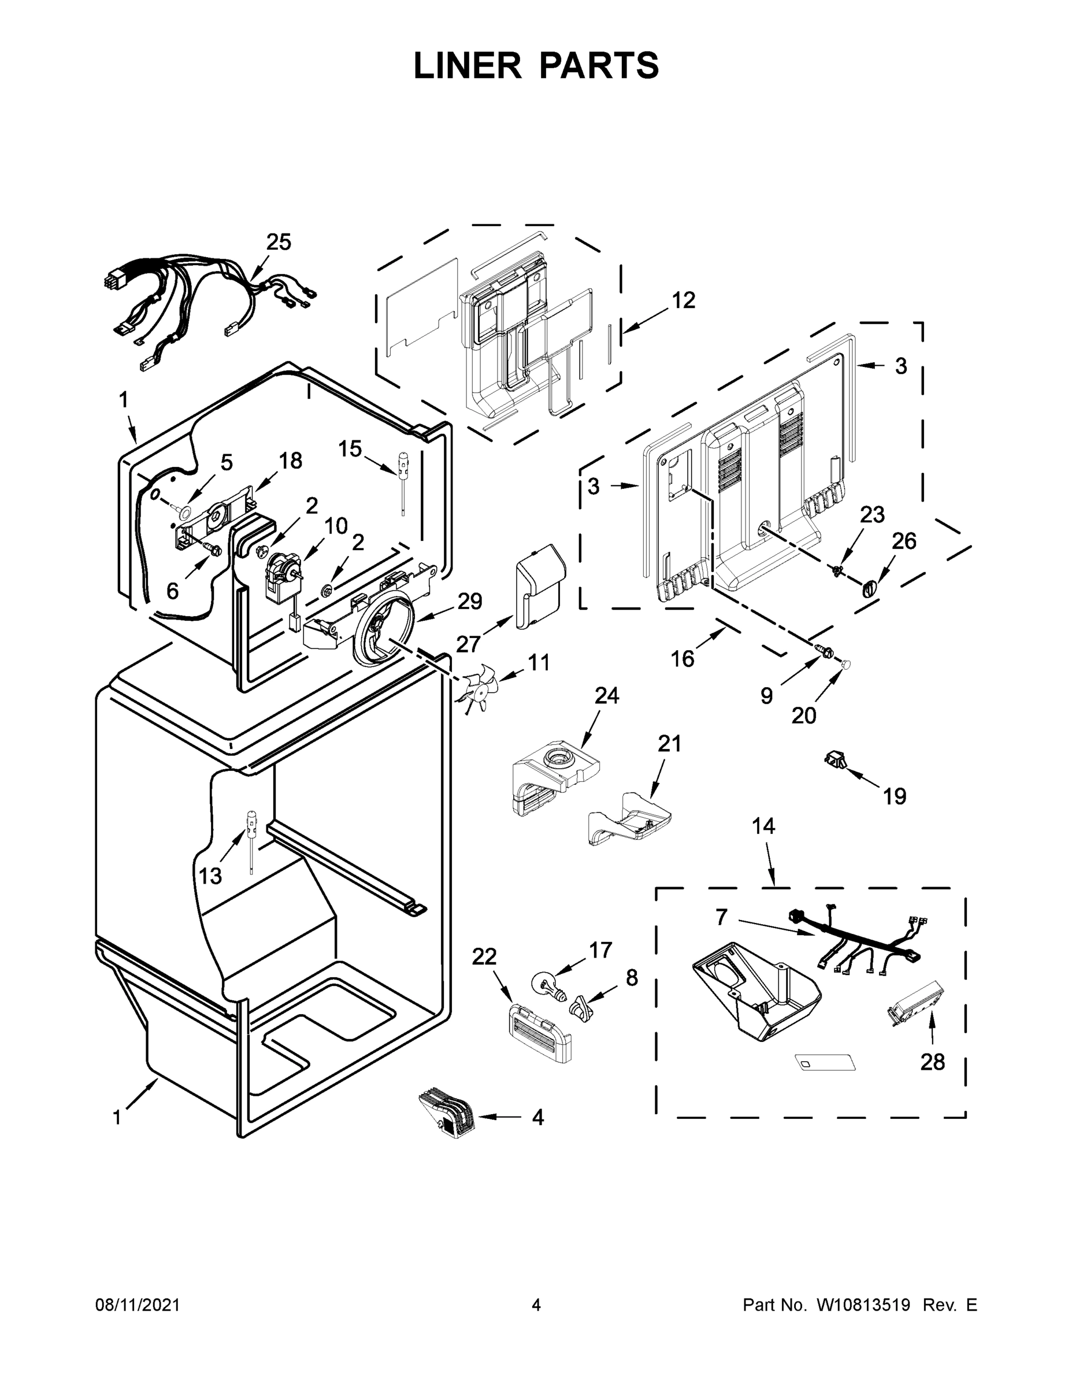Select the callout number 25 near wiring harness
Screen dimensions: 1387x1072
[x=278, y=242]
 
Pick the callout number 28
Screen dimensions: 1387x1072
[x=932, y=1061]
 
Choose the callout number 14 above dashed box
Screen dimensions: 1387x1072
[x=763, y=826]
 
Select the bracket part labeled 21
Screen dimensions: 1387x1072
[x=629, y=819]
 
